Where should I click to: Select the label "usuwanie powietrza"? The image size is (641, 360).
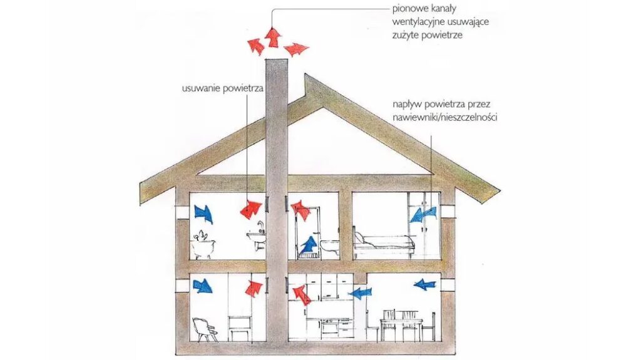pyautogui.click(x=220, y=89)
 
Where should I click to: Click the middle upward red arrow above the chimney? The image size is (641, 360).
pyautogui.click(x=272, y=38)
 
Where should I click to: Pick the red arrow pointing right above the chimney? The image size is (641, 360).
pyautogui.click(x=296, y=48)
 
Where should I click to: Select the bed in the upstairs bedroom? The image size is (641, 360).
pyautogui.click(x=383, y=243)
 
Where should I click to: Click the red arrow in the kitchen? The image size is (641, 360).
pyautogui.click(x=301, y=294)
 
